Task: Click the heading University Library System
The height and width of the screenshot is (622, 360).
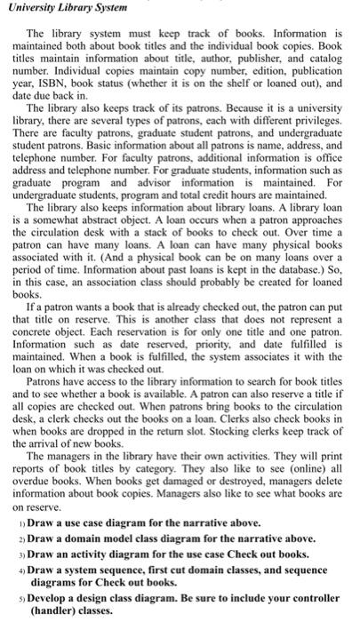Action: (x=68, y=9)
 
